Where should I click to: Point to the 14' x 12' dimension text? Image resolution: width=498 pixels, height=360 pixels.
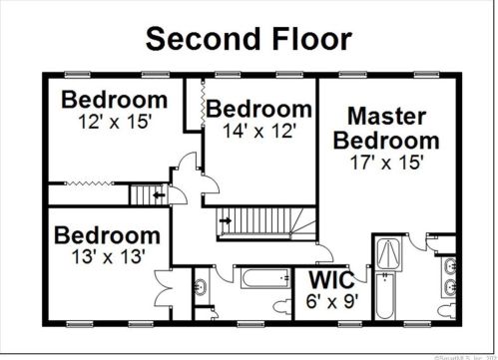click(259, 131)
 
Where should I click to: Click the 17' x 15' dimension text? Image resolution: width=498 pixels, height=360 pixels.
click(386, 161)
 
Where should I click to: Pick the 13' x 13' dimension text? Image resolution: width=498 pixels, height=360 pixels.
click(106, 256)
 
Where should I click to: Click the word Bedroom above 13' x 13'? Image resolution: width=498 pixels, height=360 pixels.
click(106, 236)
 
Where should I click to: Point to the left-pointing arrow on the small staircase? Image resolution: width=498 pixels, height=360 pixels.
click(158, 195)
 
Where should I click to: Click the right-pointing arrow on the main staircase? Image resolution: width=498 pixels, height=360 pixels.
click(226, 220)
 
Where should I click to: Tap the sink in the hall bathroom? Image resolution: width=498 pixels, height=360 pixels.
click(201, 288)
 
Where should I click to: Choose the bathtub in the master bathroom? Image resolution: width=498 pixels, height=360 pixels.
click(387, 295)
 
